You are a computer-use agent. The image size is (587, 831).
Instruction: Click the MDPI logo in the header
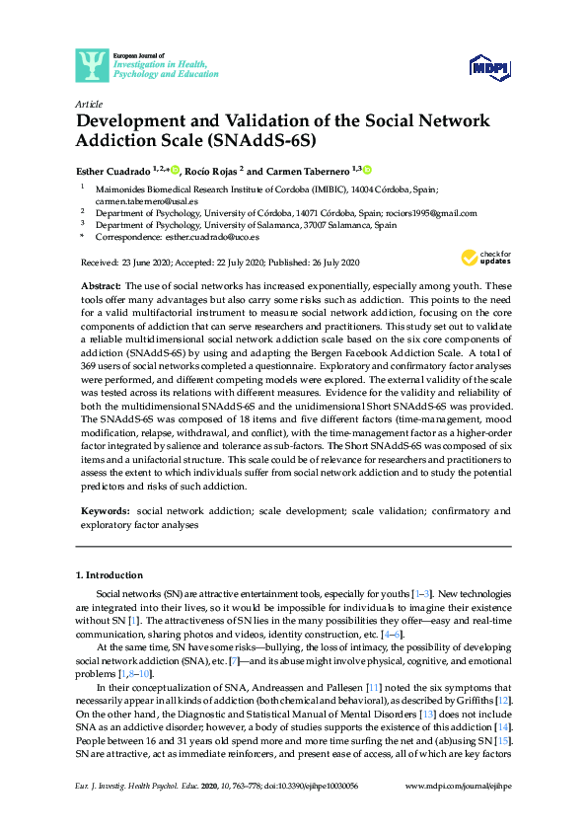coord(490,66)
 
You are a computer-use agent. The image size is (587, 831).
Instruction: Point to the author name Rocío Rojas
coord(214,171)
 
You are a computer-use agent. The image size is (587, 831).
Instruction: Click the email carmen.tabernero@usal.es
coord(143,200)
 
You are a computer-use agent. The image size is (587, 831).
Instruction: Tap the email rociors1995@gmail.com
coord(431,212)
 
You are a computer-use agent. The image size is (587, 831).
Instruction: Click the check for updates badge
coord(486,260)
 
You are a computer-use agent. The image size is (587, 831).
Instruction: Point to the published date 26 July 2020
coord(327,263)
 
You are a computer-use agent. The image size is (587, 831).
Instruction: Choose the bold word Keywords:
coord(105,511)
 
